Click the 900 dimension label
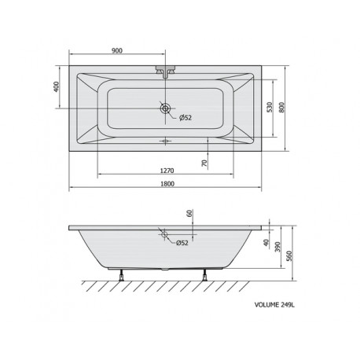pos(117,50)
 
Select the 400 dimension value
pos(57,86)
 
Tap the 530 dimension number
pos(270,107)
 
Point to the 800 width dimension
pos(281,107)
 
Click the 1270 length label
pos(167,171)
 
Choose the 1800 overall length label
pos(167,184)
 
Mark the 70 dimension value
pos(204,163)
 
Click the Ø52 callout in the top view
pos(186,118)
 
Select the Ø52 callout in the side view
pos(182,243)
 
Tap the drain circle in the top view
pos(165,108)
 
